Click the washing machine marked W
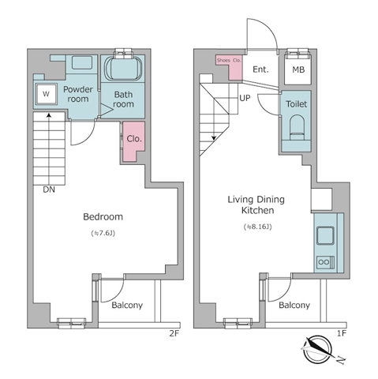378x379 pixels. click(46, 94)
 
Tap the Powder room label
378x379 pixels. click(78, 94)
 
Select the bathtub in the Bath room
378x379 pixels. click(123, 68)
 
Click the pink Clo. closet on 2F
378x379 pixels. click(133, 141)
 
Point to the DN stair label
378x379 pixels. click(49, 189)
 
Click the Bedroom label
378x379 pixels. click(103, 216)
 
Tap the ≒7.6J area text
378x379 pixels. click(103, 233)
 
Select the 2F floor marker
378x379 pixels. click(174, 333)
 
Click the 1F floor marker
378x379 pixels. click(341, 333)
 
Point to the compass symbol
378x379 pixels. click(317, 349)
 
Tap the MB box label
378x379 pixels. click(298, 69)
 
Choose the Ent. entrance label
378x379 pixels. click(260, 69)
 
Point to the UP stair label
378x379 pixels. click(245, 98)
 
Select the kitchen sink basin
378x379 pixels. click(325, 235)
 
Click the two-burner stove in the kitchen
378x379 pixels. click(325, 262)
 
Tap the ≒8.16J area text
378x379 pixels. click(257, 227)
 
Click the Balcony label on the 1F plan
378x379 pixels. click(294, 306)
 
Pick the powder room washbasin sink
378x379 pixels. click(82, 62)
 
